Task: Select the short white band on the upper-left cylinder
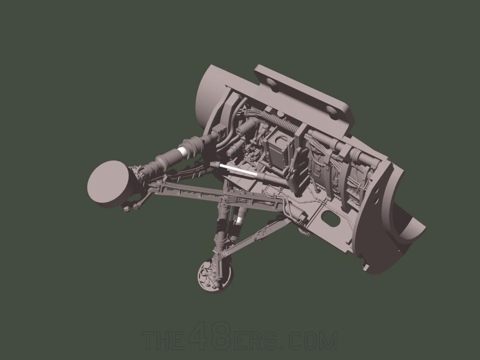click(x=184, y=152)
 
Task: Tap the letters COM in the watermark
click(x=317, y=340)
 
